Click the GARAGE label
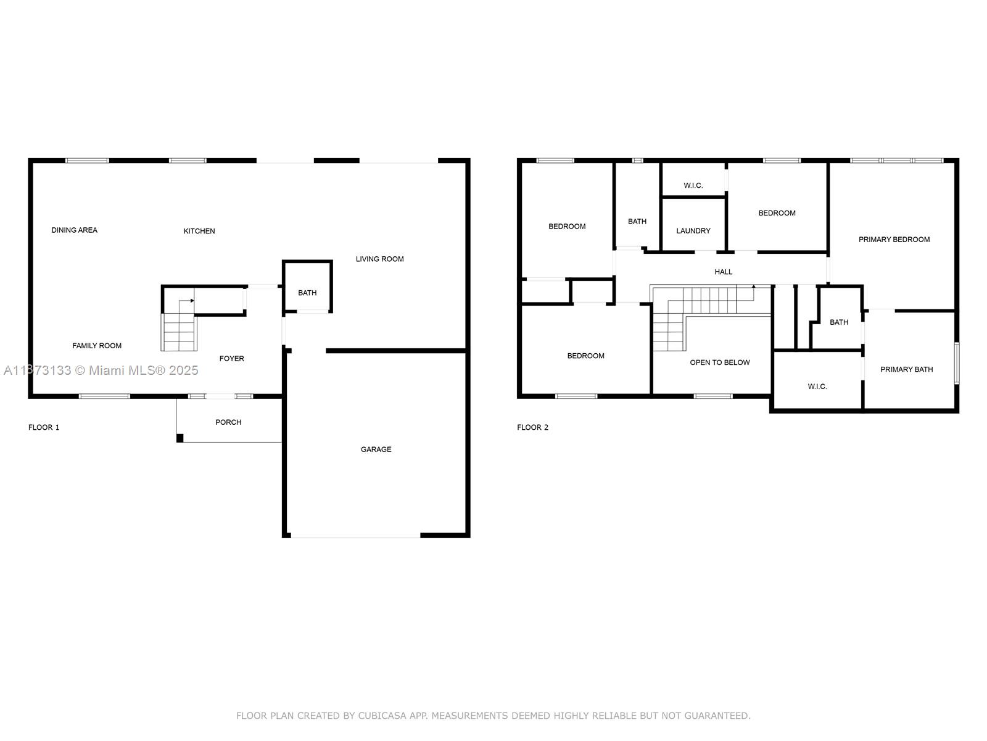[x=376, y=450]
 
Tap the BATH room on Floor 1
[x=307, y=293]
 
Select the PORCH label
[x=228, y=422]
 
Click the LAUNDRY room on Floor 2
[x=693, y=231]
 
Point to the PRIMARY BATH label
[x=906, y=369]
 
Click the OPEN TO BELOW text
[x=719, y=362]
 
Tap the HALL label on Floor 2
[x=723, y=272]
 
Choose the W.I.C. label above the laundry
[x=693, y=185]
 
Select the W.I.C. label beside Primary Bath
[x=817, y=387]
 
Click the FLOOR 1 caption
[x=44, y=427]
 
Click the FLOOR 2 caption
[x=532, y=427]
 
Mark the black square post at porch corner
[x=180, y=438]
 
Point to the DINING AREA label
[x=74, y=230]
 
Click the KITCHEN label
[x=199, y=231]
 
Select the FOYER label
[x=231, y=358]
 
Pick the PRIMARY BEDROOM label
[x=894, y=240]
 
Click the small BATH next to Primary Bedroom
[x=838, y=322]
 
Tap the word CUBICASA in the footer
[x=383, y=716]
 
